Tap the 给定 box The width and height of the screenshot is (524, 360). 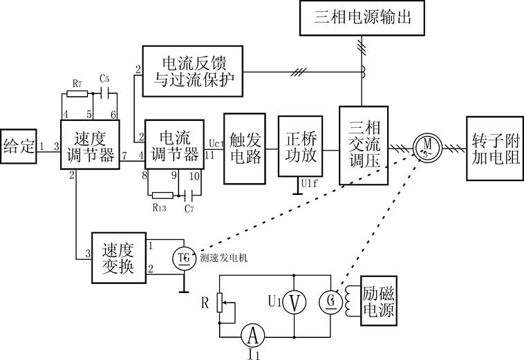(18, 146)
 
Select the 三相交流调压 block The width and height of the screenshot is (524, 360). (363, 144)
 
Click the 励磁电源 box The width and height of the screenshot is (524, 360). (377, 303)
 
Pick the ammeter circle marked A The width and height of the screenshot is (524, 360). (253, 335)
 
